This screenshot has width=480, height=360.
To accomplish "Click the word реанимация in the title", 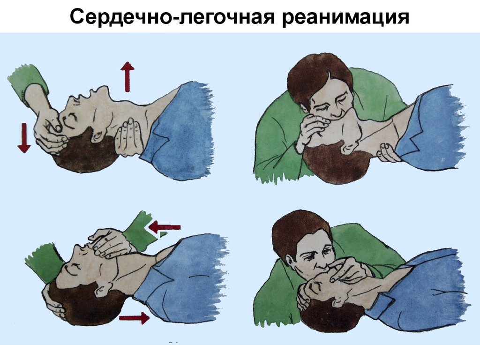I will [x=346, y=17].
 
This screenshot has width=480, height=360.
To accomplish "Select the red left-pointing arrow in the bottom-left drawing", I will [x=164, y=227].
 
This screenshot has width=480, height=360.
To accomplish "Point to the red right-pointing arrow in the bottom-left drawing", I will [x=134, y=318].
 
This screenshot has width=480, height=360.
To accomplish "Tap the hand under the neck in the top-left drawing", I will [x=128, y=136].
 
